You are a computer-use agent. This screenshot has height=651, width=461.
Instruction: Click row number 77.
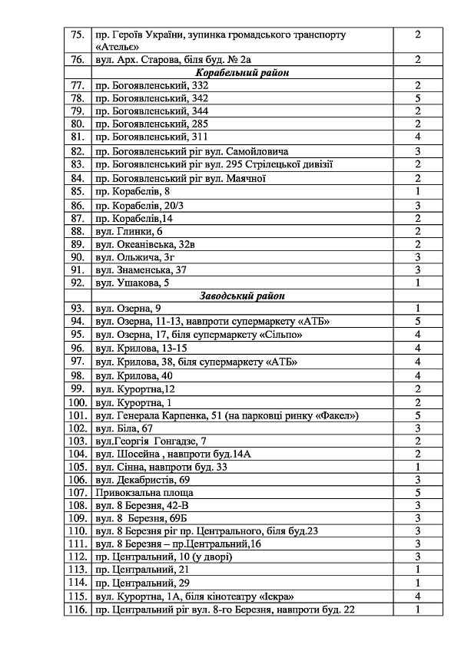pos(77,85)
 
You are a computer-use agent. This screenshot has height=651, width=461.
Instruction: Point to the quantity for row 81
pos(417,137)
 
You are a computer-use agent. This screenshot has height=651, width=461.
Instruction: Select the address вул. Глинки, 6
pos(128,230)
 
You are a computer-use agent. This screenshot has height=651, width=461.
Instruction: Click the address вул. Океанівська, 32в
pos(145,243)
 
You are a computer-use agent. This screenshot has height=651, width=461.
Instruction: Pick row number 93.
pos(77,309)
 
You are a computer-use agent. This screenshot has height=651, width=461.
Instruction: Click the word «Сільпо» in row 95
pos(277,335)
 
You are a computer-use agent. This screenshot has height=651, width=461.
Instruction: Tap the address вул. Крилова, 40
pos(134,375)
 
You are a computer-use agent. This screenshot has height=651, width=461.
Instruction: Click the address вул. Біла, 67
pos(124,428)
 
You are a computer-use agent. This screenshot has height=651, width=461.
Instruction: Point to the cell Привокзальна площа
pos(144,492)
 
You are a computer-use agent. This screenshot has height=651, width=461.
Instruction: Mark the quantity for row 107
pos(417,492)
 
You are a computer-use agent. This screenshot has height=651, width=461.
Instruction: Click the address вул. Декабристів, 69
pos(142,479)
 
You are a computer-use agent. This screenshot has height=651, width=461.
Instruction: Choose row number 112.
pos(77,557)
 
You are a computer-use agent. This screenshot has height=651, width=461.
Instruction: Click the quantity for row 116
pos(417,610)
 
